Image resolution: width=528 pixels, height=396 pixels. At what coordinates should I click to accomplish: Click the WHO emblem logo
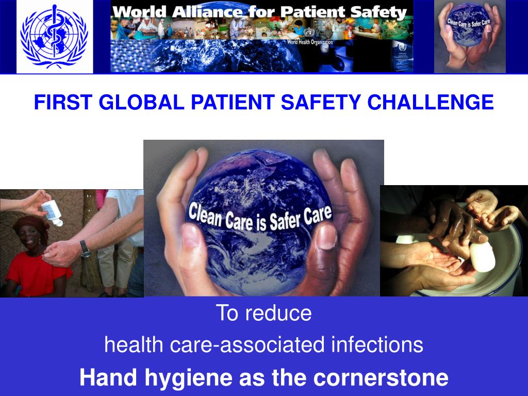tap(54, 36)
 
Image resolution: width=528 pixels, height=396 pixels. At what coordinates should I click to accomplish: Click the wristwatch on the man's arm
tap(86, 249)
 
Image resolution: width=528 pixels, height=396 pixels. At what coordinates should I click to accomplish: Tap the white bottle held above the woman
tap(52, 212)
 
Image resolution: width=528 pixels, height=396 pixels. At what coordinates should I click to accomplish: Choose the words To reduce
tap(263, 313)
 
